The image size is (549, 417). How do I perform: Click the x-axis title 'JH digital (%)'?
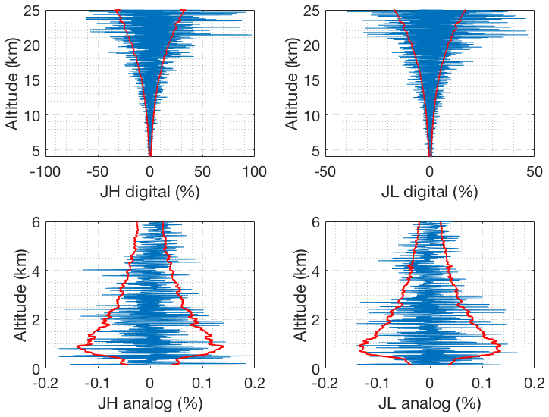coord(150,192)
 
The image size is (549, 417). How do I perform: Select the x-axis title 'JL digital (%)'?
coord(430,192)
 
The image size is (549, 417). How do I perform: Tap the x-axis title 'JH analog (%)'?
coord(150,403)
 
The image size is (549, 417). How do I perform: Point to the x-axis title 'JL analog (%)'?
coord(430,403)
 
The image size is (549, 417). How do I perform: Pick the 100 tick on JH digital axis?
coord(254,172)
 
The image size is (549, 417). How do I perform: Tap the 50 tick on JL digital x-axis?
coord(535,172)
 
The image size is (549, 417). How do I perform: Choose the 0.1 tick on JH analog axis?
coord(202,383)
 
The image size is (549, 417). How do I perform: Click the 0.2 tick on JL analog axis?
coord(535,383)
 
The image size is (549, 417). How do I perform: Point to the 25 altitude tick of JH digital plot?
coord(33,11)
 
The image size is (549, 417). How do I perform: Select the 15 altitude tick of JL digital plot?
coord(313,80)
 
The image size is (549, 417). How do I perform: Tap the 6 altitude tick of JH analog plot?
coord(36,223)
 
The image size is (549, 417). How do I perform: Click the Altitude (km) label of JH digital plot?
coord(13,83)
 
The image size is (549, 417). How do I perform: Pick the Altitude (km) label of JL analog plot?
coord(293,294)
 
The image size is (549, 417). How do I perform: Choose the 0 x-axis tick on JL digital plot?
coord(430,172)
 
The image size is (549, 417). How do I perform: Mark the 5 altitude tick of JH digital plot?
coord(36,149)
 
